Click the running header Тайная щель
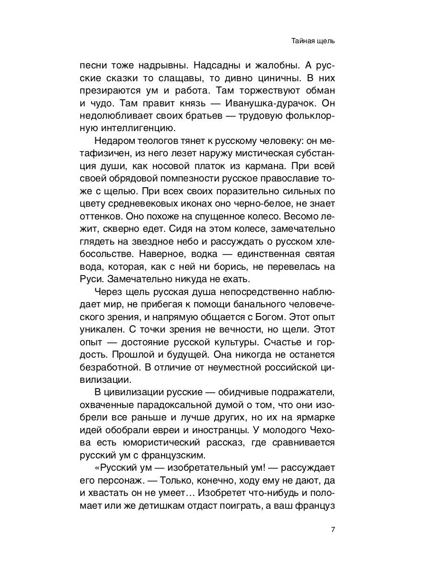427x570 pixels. (x=313, y=41)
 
